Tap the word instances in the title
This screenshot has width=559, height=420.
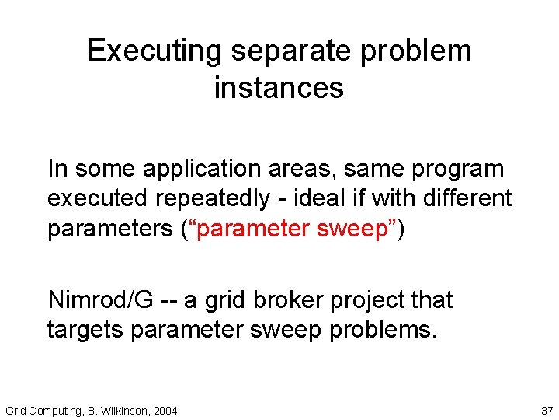(x=279, y=88)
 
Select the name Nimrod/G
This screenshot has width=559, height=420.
(x=102, y=299)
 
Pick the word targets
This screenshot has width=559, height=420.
(x=85, y=330)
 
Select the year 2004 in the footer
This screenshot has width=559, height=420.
(x=165, y=410)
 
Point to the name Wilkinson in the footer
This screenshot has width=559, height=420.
(x=123, y=410)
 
